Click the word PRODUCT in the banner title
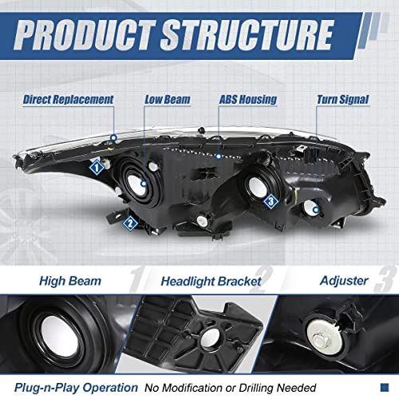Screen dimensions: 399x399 [x=85, y=34]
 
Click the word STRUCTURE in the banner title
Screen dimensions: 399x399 [x=247, y=34]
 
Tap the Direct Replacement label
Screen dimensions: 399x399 [x=69, y=100]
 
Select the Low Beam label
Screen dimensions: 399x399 [x=168, y=100]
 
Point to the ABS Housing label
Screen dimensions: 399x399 [x=248, y=100]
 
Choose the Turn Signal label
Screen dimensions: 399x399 [x=343, y=100]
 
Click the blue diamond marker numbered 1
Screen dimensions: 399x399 [x=97, y=168]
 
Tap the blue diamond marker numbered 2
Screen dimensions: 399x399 [x=130, y=223]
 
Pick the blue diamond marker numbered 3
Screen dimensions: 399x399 [x=271, y=201]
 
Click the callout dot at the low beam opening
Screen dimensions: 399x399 [x=144, y=184]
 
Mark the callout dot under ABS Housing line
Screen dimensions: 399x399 [x=219, y=156]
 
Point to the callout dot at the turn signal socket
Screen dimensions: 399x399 [x=316, y=210]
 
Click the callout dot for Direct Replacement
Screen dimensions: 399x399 [x=114, y=138]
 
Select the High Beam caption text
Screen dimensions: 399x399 [x=70, y=281]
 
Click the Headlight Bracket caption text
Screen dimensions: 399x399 [x=211, y=282]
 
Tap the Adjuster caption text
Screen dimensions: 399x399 [x=344, y=281]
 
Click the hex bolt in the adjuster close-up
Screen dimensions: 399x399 [x=319, y=339]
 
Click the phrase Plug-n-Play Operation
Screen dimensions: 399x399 [x=76, y=388]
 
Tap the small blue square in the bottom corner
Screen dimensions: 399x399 [x=385, y=387]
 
